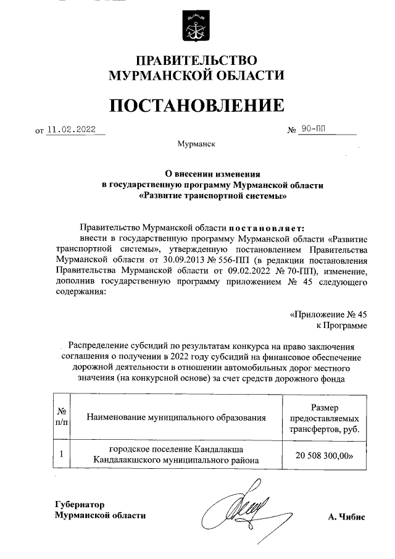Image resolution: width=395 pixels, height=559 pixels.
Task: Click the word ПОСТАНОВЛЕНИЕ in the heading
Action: [197, 106]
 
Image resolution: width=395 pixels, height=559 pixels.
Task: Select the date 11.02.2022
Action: [77, 130]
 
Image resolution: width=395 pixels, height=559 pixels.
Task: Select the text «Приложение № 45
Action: [328, 314]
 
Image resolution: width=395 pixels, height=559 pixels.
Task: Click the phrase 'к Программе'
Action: [341, 325]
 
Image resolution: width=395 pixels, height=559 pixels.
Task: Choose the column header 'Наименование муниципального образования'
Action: [176, 417]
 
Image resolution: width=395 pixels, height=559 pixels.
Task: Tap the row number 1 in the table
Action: [62, 455]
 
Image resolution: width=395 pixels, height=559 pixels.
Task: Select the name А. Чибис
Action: [346, 517]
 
